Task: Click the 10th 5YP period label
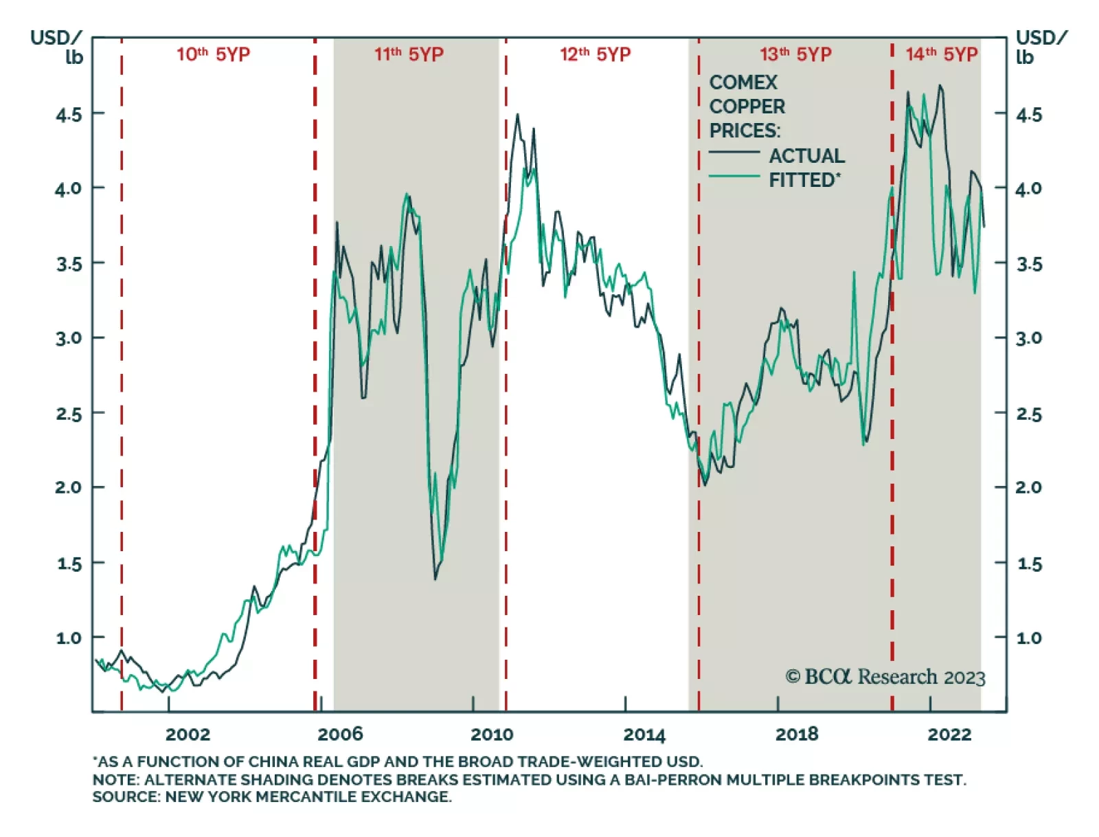(213, 54)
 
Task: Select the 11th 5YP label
(409, 54)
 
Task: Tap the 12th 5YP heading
(595, 54)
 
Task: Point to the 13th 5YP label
(795, 54)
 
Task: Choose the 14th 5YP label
(941, 54)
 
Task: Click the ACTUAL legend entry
(806, 156)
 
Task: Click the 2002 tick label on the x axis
(188, 735)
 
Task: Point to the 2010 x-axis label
(492, 735)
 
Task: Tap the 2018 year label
(797, 735)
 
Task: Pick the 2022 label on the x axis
(949, 735)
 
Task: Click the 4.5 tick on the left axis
(69, 115)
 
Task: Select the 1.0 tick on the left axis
(69, 638)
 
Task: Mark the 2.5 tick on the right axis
(1029, 414)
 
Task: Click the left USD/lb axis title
(56, 47)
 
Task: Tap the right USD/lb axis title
(1041, 47)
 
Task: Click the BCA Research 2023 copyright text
(885, 678)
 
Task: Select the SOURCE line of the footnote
(272, 797)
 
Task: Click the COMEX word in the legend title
(743, 82)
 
